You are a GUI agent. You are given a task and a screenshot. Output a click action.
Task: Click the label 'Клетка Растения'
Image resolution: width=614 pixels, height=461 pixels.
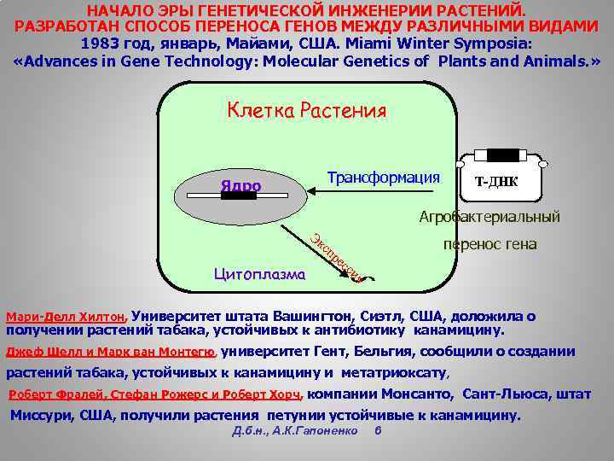pyautogui.click(x=306, y=111)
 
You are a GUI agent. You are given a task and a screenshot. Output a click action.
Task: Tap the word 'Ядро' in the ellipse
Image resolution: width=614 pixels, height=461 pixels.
pyautogui.click(x=240, y=186)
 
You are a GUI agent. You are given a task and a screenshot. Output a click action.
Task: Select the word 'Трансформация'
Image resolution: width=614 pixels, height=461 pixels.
pyautogui.click(x=383, y=178)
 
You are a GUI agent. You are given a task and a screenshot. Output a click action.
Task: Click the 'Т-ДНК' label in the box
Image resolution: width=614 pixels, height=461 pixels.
pyautogui.click(x=495, y=183)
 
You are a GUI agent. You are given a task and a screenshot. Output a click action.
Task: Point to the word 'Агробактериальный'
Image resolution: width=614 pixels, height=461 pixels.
pyautogui.click(x=489, y=217)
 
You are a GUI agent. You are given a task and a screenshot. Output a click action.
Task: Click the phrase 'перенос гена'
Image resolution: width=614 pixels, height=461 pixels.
pyautogui.click(x=489, y=245)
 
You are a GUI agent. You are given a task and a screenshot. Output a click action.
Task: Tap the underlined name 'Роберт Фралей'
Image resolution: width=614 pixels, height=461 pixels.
pyautogui.click(x=54, y=394)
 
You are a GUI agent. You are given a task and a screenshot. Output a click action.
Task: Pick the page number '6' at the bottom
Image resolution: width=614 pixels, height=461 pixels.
pyautogui.click(x=378, y=430)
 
